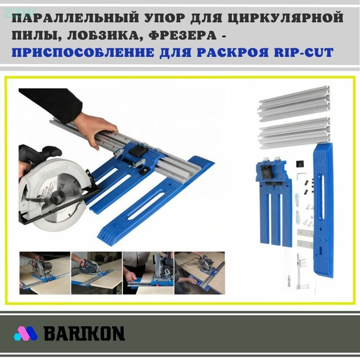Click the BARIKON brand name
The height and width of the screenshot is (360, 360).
click(x=84, y=334)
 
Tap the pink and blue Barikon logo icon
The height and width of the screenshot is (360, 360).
click(x=26, y=334)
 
